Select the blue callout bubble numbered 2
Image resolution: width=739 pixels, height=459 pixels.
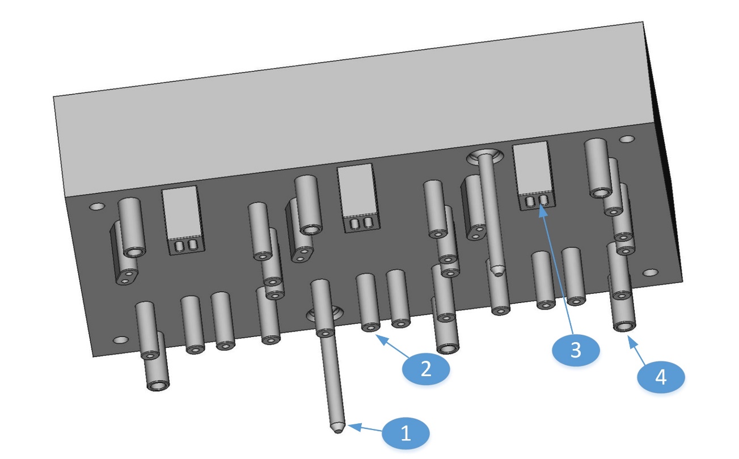click(x=425, y=369)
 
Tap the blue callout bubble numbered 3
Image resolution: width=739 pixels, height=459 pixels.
click(x=576, y=350)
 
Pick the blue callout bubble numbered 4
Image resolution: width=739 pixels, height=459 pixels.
click(x=661, y=377)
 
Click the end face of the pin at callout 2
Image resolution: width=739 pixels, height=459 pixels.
click(x=371, y=327)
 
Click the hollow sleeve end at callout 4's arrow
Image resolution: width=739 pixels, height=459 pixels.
click(x=623, y=326)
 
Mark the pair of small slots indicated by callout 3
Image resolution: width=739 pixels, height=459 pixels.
click(x=537, y=200)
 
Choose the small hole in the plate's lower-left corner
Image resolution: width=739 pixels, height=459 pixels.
click(x=120, y=340)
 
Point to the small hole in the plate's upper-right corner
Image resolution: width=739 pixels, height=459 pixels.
click(x=626, y=139)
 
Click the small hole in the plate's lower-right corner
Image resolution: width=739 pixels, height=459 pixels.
click(x=650, y=273)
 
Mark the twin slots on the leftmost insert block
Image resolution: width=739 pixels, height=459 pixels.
click(x=186, y=246)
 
